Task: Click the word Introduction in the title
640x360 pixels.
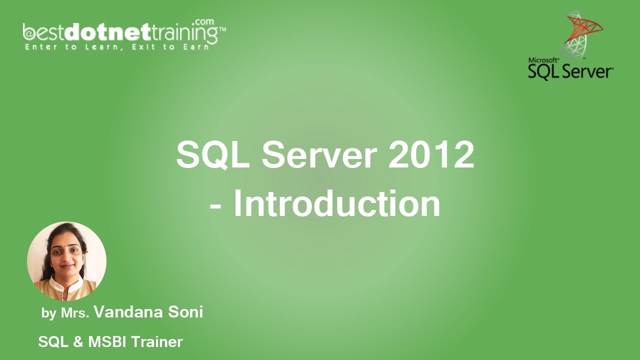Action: coord(336,203)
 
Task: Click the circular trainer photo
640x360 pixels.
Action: coord(66,261)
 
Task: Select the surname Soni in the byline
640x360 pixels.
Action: coord(185,312)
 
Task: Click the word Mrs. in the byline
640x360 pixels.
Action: coord(75,313)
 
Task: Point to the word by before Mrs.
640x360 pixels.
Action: coord(48,314)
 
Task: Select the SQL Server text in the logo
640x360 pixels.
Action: coord(570,71)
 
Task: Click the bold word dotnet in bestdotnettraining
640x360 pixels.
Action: coord(107,33)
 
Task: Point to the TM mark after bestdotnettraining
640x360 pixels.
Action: coord(222,29)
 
